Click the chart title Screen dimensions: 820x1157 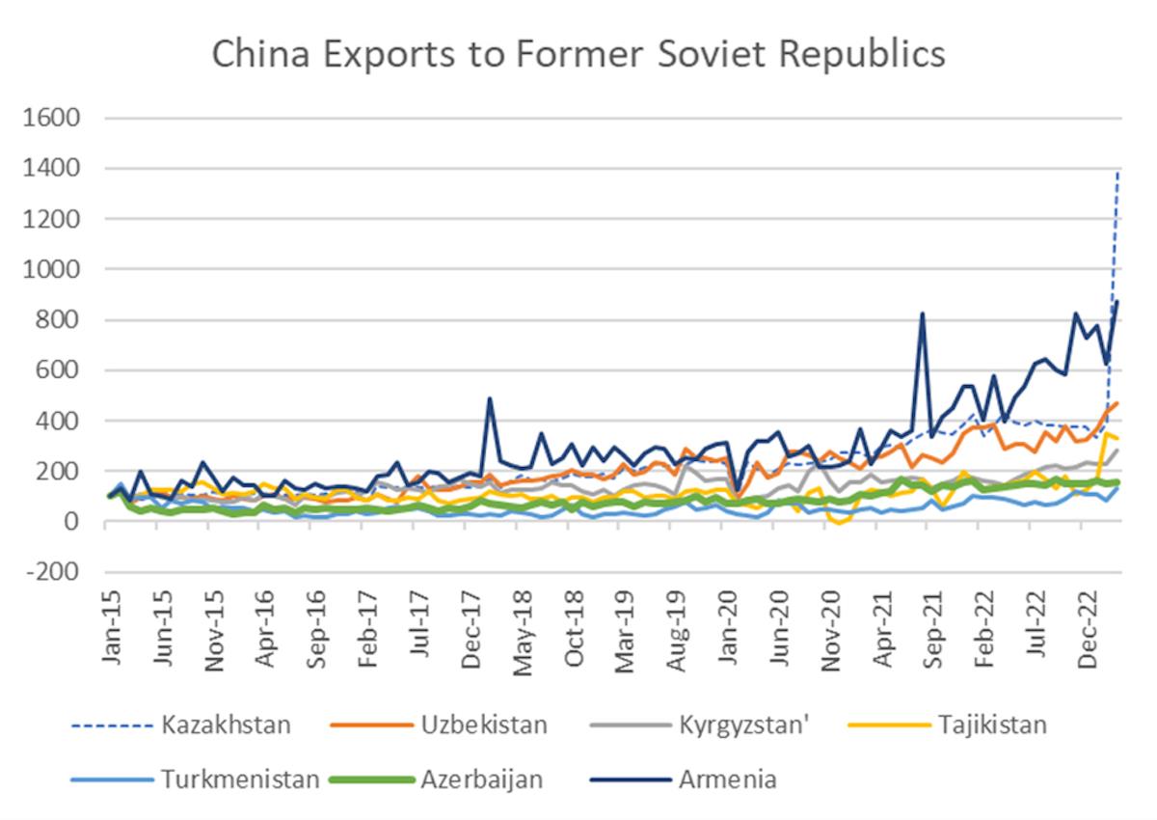click(578, 55)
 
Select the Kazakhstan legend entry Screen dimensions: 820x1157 click(226, 724)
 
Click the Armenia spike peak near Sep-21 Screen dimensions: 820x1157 click(923, 314)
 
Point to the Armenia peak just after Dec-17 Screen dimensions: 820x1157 click(490, 398)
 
